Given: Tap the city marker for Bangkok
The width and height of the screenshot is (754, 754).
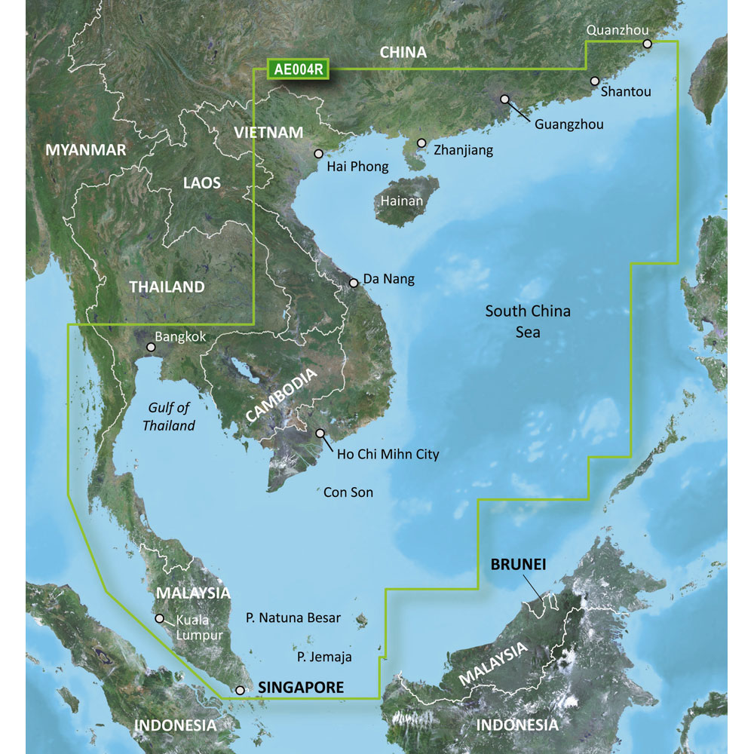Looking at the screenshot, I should tap(151, 348).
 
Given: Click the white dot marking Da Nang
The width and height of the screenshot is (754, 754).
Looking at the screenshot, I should tap(354, 284).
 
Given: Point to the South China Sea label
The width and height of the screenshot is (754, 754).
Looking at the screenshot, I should tap(528, 321).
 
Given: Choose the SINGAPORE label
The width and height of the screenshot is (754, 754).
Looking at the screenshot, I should tap(301, 688).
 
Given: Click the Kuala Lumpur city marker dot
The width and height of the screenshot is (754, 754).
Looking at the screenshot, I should tap(159, 618).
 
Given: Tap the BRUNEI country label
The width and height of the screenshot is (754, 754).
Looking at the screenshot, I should tap(520, 564).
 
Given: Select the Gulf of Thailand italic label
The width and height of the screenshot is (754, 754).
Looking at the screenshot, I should tap(169, 417).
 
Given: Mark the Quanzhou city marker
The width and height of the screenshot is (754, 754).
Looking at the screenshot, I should tap(647, 44).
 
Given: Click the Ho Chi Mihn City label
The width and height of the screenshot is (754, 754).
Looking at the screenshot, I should tap(388, 455).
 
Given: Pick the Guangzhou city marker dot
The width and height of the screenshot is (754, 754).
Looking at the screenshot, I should tap(504, 99).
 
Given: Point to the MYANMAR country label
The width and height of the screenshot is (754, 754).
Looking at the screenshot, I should tap(86, 150).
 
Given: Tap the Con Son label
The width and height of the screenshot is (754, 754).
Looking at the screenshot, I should tap(348, 492).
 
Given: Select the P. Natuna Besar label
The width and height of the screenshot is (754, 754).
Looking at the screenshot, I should tap(293, 618).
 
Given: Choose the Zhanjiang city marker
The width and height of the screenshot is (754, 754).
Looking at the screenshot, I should tap(421, 143).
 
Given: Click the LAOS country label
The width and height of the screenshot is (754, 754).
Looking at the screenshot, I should tap(202, 182).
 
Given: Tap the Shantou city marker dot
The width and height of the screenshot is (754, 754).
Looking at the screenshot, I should tap(595, 81).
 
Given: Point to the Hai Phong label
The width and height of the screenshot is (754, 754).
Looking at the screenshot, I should tap(358, 167).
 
